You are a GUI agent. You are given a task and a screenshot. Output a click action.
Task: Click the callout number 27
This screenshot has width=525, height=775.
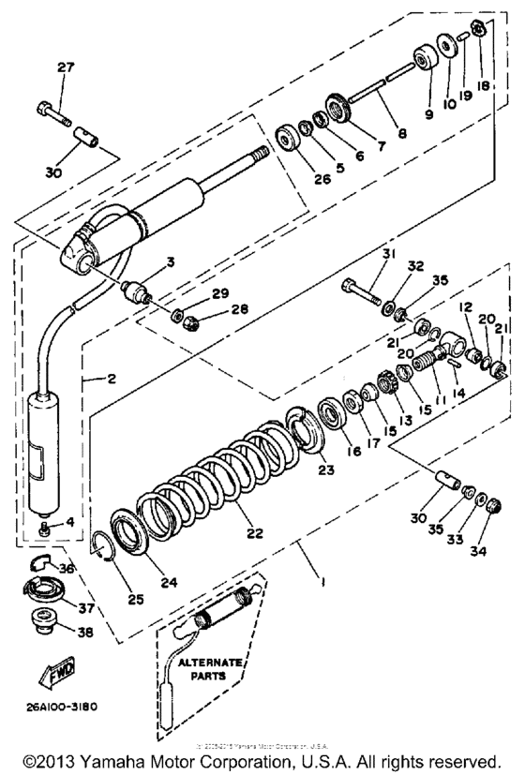[x=65, y=67]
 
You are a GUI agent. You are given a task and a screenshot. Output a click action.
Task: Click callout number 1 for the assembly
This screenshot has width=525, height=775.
[x=322, y=580]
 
